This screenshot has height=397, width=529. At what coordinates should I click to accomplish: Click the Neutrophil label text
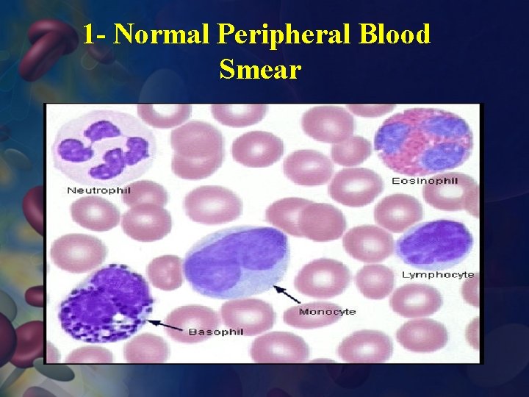pyautogui.click(x=98, y=190)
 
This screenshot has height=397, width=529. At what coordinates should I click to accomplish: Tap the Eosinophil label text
pyautogui.click(x=425, y=181)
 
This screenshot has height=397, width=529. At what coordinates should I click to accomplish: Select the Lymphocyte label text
pyautogui.click(x=438, y=275)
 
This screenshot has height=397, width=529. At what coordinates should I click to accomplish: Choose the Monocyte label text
pyautogui.click(x=327, y=312)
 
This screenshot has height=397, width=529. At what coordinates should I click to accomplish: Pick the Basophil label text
pyautogui.click(x=216, y=332)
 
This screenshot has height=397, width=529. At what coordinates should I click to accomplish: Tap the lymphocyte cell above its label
pyautogui.click(x=435, y=243)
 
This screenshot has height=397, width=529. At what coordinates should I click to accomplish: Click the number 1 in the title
pyautogui.click(x=88, y=35)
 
